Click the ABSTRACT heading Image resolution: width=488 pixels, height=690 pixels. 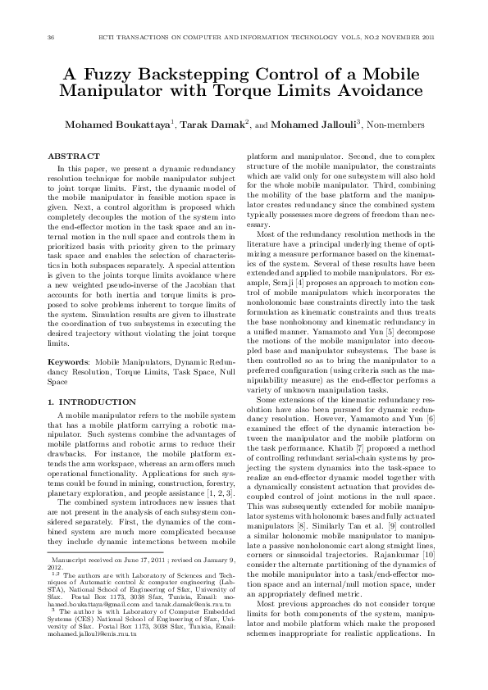73,156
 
